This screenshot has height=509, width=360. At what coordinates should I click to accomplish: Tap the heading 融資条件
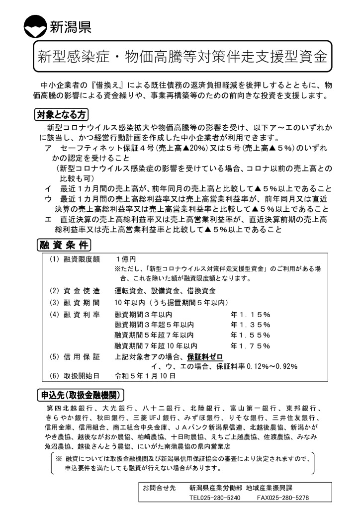(64, 245)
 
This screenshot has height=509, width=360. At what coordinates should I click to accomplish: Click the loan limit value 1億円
(125, 259)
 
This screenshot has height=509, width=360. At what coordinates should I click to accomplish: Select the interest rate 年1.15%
(250, 314)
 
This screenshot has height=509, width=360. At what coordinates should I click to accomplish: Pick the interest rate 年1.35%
(250, 325)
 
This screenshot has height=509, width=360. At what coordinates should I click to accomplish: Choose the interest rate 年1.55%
(250, 335)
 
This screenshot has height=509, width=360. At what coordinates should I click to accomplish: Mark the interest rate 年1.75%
(250, 345)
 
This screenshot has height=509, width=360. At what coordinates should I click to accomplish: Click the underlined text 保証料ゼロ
(205, 356)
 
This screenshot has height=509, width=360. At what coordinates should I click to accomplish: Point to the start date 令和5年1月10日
(145, 376)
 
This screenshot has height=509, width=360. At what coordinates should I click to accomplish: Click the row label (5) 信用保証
(75, 356)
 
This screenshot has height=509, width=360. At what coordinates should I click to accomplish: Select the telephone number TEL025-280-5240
(215, 497)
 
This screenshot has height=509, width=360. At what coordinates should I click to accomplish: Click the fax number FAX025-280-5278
(283, 497)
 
